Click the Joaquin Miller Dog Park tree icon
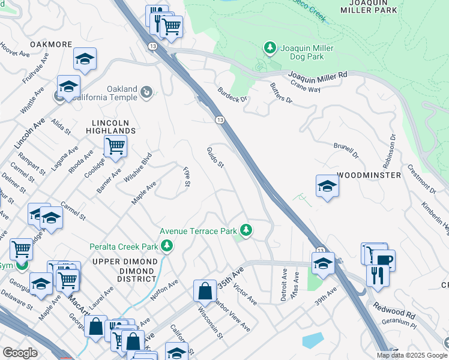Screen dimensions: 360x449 270,47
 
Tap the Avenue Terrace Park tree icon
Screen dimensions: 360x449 245,230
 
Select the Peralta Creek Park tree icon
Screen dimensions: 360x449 166,245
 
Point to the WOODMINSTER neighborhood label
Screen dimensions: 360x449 369,175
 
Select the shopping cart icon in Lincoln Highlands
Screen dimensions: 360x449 115,145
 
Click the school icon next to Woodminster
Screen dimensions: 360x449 327,186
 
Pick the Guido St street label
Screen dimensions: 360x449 215,157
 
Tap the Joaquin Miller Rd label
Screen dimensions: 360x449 318,75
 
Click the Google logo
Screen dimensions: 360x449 20,353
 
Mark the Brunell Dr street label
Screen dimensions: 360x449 346,150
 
